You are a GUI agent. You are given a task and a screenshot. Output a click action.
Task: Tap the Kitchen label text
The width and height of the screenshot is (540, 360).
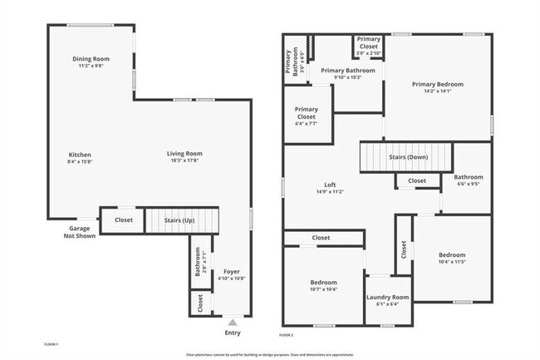80,155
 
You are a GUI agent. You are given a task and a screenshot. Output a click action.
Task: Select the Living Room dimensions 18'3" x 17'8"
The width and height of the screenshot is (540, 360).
184,160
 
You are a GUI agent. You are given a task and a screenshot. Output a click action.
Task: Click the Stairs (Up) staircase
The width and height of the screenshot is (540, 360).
181,220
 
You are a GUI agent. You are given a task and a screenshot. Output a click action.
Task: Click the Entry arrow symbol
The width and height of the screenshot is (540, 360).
233,322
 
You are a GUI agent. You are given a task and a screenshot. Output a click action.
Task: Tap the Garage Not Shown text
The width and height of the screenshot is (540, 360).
81,232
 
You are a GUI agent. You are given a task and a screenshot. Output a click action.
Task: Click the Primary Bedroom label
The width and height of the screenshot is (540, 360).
437,84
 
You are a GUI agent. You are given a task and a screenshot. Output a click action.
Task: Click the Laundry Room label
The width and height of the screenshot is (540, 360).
388,297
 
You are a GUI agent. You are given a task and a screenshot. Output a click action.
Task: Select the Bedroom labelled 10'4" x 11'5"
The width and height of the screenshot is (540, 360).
452,254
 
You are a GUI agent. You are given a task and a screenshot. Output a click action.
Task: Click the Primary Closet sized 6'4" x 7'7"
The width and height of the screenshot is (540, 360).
307,117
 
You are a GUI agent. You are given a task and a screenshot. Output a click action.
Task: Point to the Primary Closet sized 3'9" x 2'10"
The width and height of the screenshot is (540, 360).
369,46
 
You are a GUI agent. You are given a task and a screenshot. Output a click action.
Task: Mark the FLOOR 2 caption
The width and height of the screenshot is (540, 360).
287,334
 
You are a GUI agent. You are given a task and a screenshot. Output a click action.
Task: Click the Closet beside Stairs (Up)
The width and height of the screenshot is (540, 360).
124,220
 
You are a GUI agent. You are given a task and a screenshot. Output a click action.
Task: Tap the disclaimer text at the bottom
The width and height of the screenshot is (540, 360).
270,353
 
